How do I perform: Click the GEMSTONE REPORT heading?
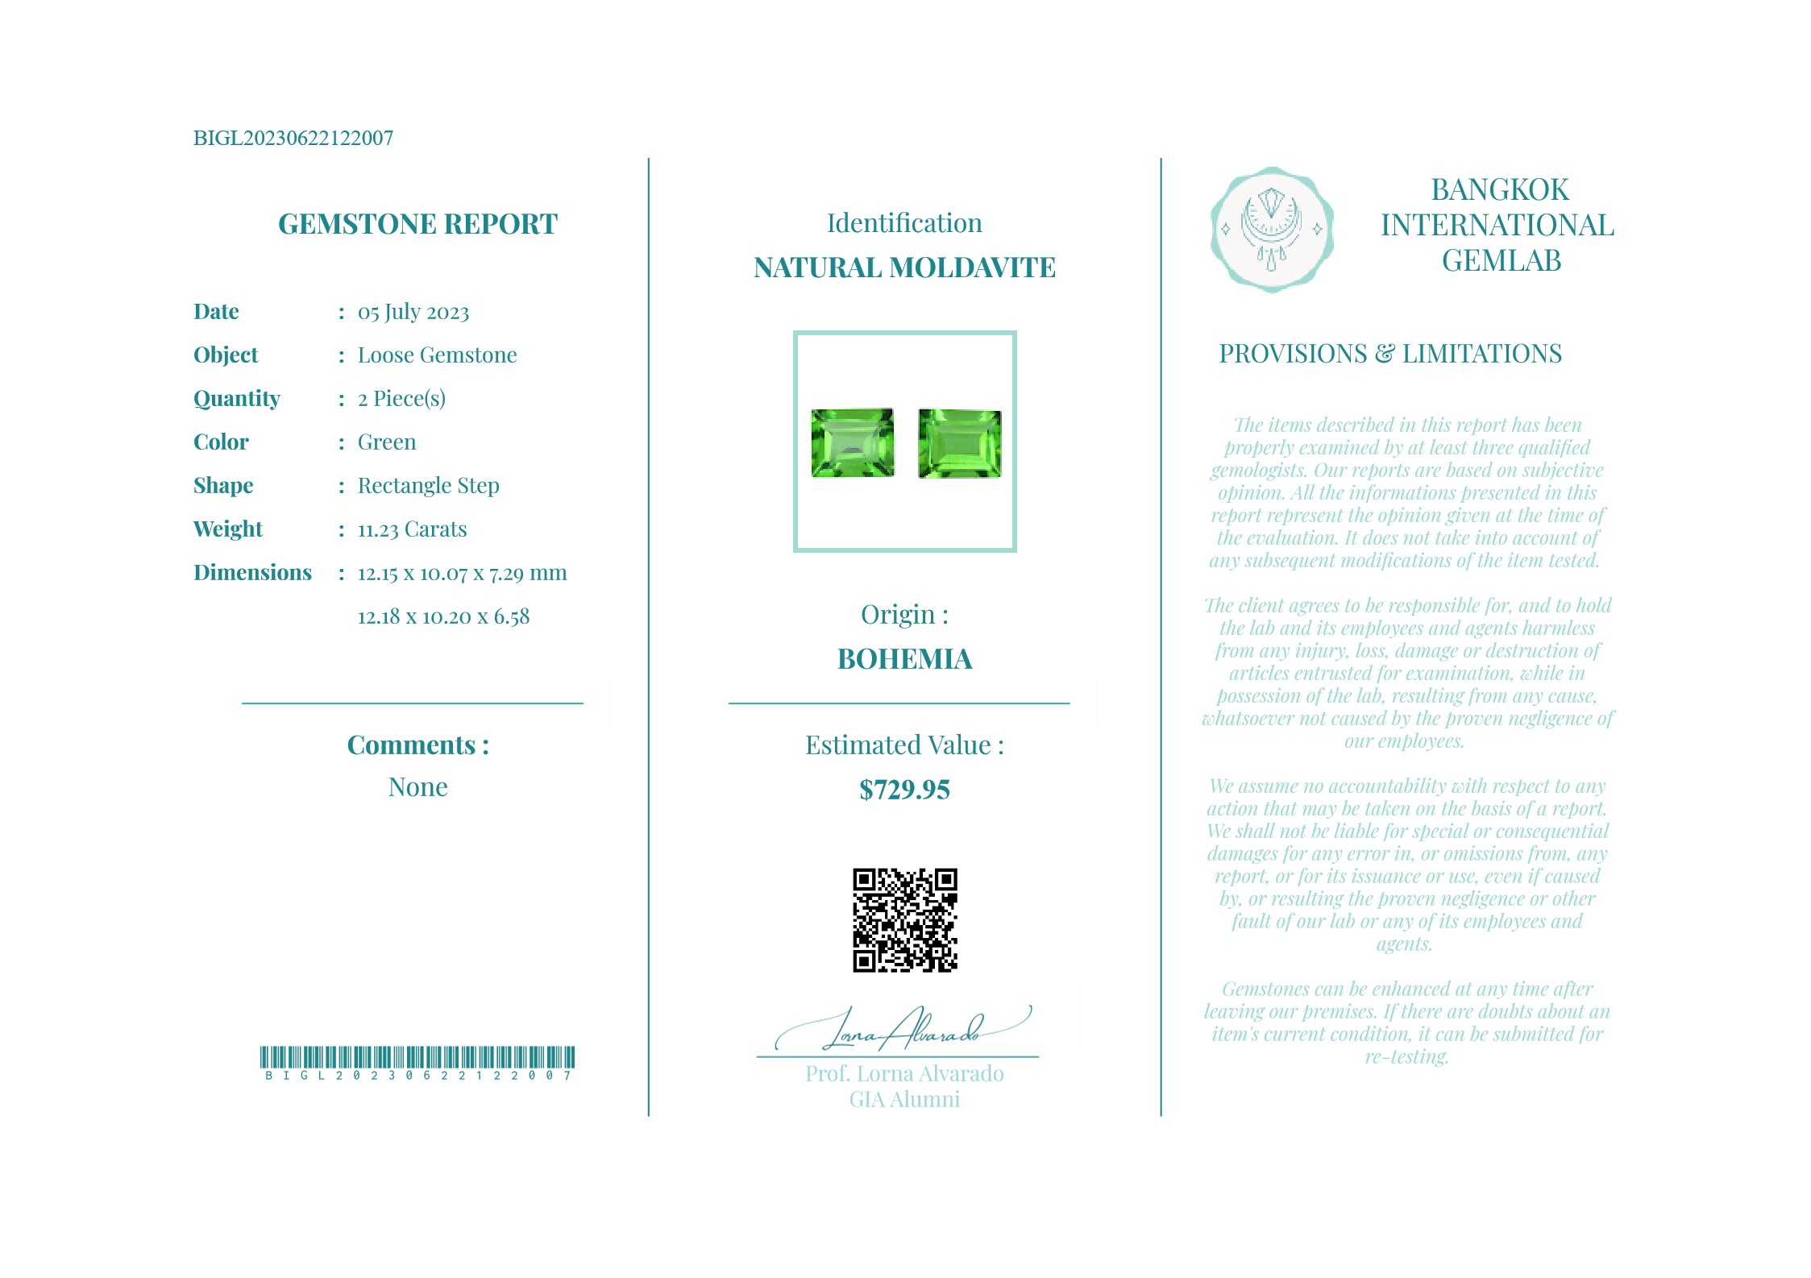pyautogui.click(x=417, y=224)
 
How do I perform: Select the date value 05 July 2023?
pyautogui.click(x=413, y=312)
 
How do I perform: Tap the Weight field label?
pyautogui.click(x=228, y=529)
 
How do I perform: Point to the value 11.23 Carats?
pyautogui.click(x=412, y=529)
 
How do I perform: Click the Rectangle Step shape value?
pyautogui.click(x=428, y=486)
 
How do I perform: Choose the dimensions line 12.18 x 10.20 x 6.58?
pyautogui.click(x=443, y=617)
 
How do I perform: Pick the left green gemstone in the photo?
pyautogui.click(x=852, y=442)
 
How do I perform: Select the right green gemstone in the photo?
pyautogui.click(x=959, y=443)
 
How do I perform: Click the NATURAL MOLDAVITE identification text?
pyautogui.click(x=904, y=268)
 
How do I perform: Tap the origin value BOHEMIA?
pyautogui.click(x=904, y=659)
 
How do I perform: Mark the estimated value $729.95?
pyautogui.click(x=904, y=790)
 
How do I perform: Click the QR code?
pyautogui.click(x=904, y=919)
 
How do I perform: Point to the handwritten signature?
pyautogui.click(x=903, y=1030)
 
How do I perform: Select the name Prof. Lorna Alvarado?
pyautogui.click(x=904, y=1074)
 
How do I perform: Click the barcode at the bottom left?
pyautogui.click(x=417, y=1057)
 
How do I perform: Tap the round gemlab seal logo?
pyautogui.click(x=1271, y=230)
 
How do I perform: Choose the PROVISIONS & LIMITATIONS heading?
pyautogui.click(x=1389, y=354)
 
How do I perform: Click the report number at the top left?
pyautogui.click(x=293, y=138)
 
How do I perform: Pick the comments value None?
pyautogui.click(x=417, y=787)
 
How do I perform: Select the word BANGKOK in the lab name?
pyautogui.click(x=1499, y=190)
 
